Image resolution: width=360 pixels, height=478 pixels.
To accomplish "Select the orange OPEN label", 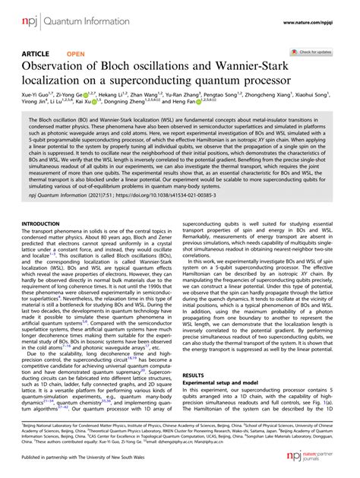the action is (76, 55).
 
